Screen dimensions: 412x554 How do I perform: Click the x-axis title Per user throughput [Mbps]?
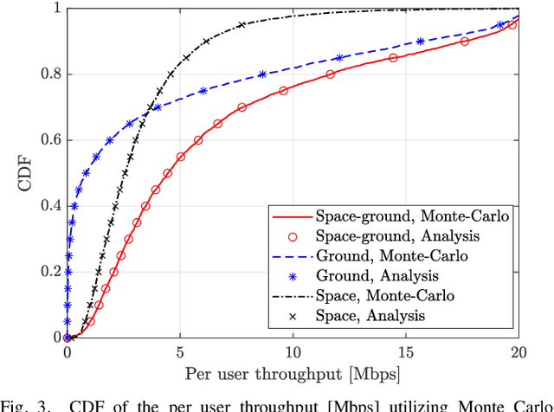pyautogui.click(x=293, y=376)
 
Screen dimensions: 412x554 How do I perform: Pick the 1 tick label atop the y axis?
pyautogui.click(x=56, y=9)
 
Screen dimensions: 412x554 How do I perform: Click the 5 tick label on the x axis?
pyautogui.click(x=180, y=352)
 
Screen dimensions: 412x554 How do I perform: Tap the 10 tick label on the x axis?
pyautogui.click(x=293, y=352)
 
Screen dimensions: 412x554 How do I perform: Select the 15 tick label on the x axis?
pyautogui.click(x=405, y=352)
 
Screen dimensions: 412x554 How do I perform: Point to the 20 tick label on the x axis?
pyautogui.click(x=518, y=352)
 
